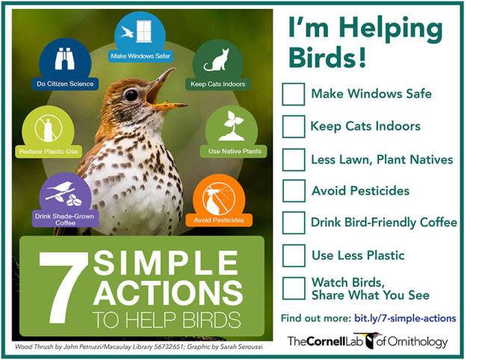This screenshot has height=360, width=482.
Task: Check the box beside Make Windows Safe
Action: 294,94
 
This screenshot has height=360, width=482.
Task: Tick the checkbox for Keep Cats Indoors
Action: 294,126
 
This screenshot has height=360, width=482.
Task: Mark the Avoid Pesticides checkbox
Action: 294,190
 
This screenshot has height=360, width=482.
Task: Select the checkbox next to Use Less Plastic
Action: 294,255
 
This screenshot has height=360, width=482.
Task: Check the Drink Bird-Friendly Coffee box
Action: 294,223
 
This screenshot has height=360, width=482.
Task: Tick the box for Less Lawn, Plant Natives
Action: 294,160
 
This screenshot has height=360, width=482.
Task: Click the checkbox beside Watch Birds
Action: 294,288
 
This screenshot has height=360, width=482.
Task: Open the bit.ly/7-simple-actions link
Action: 405,318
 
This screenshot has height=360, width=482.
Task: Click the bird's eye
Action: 132,95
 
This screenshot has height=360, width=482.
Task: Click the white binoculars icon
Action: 64,59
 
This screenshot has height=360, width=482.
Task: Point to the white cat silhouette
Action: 217,60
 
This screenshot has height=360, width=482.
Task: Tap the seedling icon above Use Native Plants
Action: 232,126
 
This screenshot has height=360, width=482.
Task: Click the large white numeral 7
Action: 63,288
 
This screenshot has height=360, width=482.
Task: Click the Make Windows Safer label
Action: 140,56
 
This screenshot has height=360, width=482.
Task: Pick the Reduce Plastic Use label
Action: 49,152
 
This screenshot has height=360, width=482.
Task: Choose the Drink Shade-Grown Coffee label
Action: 65,219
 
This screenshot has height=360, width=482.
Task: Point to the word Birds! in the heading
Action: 328,57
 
